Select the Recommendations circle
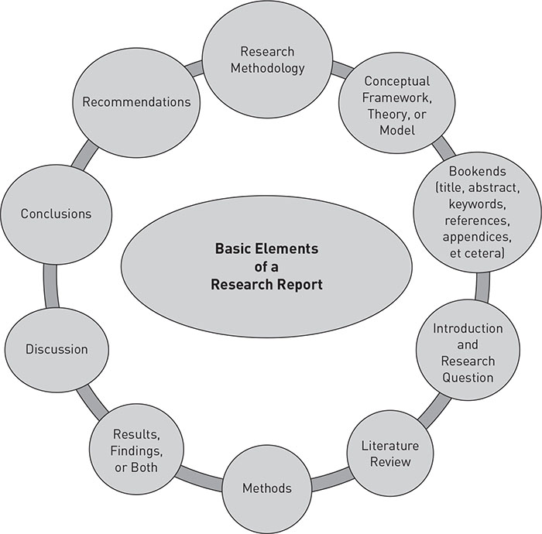pyautogui.click(x=136, y=101)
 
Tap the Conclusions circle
pyautogui.click(x=56, y=214)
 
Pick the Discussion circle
pyautogui.click(x=57, y=348)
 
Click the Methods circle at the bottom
pyautogui.click(x=267, y=488)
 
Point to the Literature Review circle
pyautogui.click(x=390, y=454)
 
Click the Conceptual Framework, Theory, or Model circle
pyautogui.click(x=398, y=104)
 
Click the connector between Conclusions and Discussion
pyautogui.click(x=53, y=287)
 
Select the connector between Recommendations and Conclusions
pyautogui.click(x=84, y=159)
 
